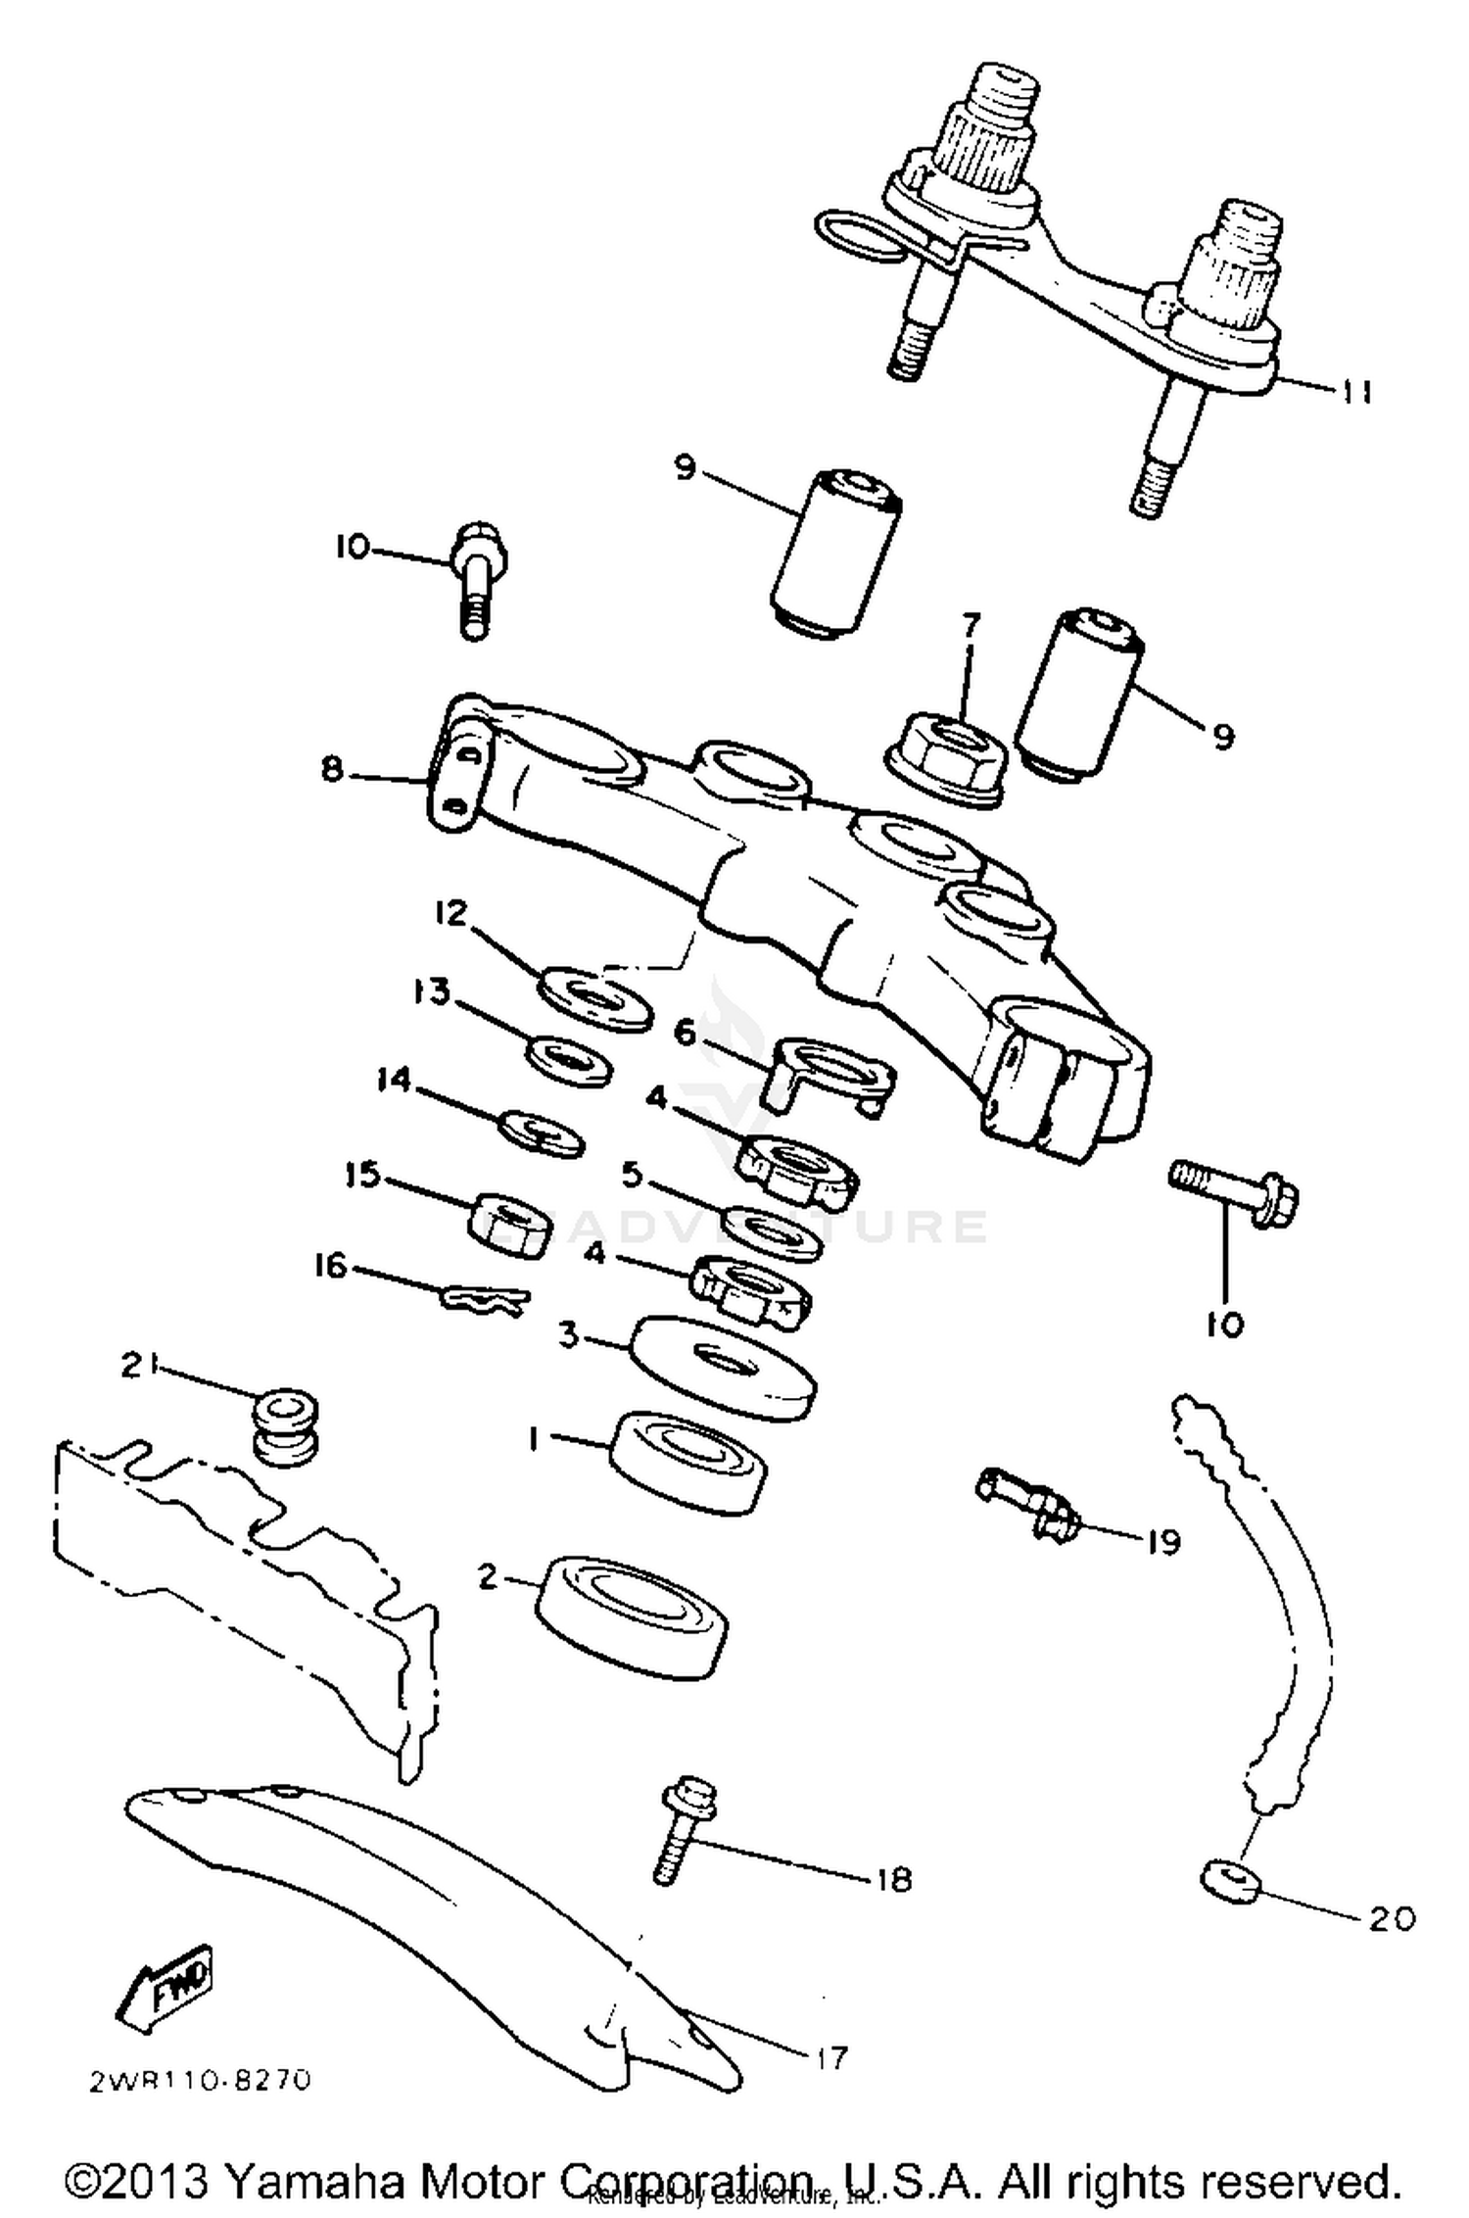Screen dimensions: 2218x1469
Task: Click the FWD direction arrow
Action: click(x=164, y=1984)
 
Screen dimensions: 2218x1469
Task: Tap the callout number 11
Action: click(x=1355, y=392)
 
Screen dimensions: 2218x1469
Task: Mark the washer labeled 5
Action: click(x=773, y=1234)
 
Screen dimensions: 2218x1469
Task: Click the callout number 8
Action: click(x=333, y=770)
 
